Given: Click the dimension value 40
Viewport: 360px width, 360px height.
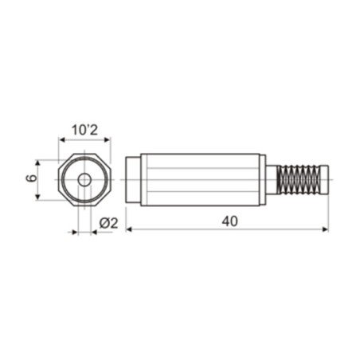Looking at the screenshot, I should [230, 222].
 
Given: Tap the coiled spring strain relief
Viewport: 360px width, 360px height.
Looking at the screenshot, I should [303, 180].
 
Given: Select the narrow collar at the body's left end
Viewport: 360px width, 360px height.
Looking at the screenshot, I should [131, 180].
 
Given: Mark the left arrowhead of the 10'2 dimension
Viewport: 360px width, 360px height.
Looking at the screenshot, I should [61, 139].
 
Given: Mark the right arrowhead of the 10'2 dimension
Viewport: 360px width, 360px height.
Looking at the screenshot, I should [107, 139].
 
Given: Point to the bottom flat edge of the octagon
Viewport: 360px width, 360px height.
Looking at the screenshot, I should [84, 207].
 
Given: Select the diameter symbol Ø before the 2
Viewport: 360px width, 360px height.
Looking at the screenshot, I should [104, 223].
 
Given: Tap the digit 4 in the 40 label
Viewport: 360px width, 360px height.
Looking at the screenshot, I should [225, 222].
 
